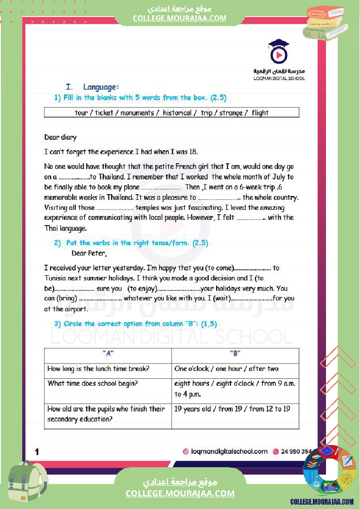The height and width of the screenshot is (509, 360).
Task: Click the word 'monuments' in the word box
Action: [x=137, y=113]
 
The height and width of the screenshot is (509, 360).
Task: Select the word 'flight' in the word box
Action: [x=260, y=113]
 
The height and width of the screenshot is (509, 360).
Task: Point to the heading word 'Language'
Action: [x=100, y=87]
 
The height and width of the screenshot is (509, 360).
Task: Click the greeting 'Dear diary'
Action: [x=60, y=138]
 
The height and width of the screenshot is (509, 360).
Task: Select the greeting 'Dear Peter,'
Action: [x=89, y=253]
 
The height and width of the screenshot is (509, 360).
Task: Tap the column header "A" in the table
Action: [x=108, y=354]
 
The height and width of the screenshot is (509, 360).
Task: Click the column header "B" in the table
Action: [x=235, y=354]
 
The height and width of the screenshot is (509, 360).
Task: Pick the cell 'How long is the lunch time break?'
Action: [x=98, y=369]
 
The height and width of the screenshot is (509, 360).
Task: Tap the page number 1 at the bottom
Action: [x=37, y=452]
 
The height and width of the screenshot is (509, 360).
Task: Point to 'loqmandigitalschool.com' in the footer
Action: [x=229, y=452]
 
